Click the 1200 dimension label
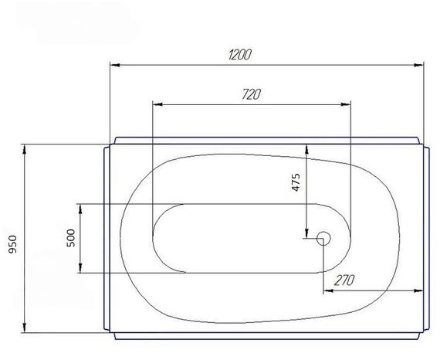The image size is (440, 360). point(239,55)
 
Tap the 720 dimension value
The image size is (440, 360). point(252,94)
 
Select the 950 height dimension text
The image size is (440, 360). point(13,244)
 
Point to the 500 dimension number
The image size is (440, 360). point(71,238)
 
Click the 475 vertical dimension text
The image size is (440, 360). point(296,182)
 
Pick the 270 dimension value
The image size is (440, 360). point(345,280)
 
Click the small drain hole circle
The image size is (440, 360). point(323,239)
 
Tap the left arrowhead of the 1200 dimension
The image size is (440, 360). point(115,65)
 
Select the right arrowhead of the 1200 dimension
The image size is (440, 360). point(418,65)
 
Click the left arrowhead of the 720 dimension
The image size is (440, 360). point(158,105)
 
